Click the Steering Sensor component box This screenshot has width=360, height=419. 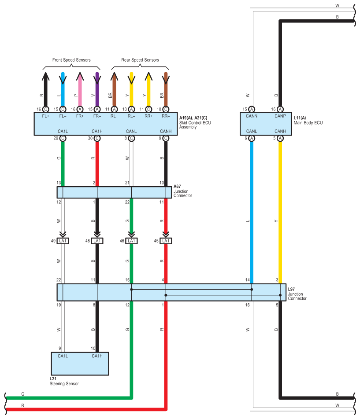click(79, 364)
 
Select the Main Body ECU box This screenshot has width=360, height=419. click(266, 124)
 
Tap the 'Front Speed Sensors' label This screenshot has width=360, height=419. click(71, 60)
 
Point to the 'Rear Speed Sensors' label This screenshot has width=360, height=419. click(140, 60)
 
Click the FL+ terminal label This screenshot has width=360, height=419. click(45, 117)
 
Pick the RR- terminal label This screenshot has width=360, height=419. click(166, 117)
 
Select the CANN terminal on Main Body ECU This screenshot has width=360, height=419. click(252, 117)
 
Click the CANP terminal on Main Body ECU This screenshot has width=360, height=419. click(280, 117)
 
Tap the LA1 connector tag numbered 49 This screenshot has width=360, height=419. click(63, 241)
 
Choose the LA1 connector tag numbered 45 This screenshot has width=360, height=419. click(166, 241)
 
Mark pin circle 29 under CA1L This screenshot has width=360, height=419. click(63, 138)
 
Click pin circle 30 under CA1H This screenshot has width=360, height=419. click(97, 138)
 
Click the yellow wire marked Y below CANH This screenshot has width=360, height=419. click(280, 211)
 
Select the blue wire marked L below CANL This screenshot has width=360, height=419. click(252, 211)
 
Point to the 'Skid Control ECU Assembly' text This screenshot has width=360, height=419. click(196, 123)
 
